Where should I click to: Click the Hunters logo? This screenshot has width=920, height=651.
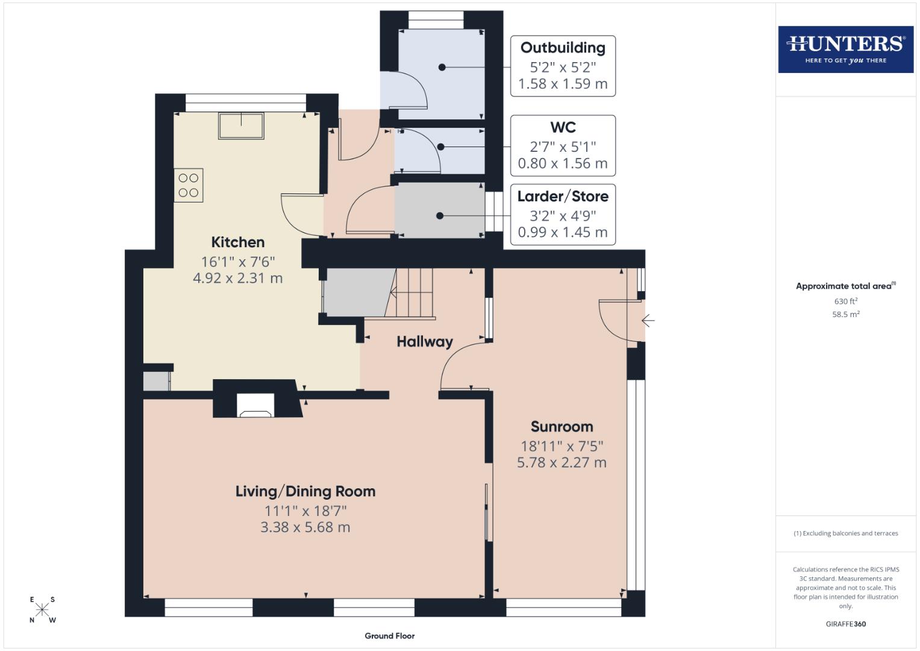[845, 49]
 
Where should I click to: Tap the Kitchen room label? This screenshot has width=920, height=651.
[237, 242]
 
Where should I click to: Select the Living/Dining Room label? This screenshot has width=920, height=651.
[305, 491]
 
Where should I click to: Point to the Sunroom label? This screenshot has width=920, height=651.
[562, 427]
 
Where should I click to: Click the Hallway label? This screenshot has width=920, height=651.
[424, 342]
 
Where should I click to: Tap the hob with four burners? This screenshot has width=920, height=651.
[189, 185]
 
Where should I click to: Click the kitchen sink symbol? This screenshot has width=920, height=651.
[242, 126]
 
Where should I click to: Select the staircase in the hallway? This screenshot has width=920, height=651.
[413, 293]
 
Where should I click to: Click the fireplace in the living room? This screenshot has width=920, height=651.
[255, 405]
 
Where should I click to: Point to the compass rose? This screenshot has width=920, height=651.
[42, 609]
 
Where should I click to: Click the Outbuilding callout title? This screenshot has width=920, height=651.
[563, 48]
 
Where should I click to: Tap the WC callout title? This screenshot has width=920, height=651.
[563, 127]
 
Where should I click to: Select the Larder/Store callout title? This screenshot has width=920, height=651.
[563, 197]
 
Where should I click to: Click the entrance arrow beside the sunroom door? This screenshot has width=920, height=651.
[648, 321]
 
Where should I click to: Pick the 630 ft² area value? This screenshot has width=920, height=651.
[845, 301]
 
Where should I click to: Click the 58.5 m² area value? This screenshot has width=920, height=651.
[845, 314]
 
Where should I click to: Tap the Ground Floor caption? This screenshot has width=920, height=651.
[389, 636]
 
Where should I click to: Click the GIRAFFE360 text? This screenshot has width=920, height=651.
[845, 624]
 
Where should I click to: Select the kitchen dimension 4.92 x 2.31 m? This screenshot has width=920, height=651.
[237, 278]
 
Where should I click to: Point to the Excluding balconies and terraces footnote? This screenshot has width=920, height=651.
[845, 533]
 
